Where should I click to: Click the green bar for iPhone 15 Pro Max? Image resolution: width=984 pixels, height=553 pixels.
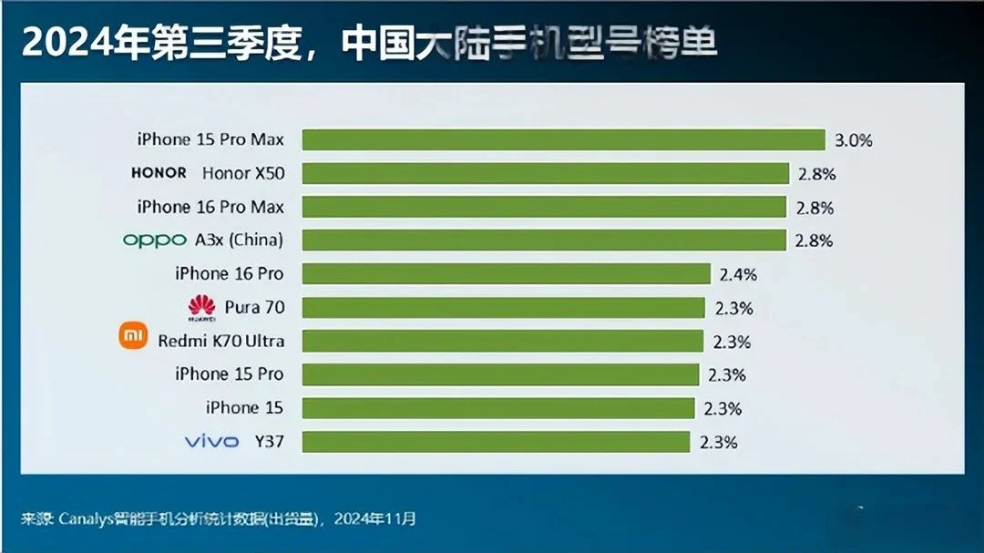click(563, 139)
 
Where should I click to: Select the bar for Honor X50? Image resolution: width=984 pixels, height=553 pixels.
click(545, 173)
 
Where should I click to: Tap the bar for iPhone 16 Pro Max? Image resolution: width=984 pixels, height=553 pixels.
click(544, 207)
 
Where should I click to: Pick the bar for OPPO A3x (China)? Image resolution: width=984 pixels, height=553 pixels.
click(544, 240)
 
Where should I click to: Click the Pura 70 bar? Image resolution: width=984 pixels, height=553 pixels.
click(504, 307)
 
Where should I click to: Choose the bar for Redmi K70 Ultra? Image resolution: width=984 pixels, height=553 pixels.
click(503, 341)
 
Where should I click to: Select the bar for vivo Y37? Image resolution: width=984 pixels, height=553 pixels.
click(496, 442)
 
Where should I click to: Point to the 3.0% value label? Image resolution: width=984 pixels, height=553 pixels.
click(854, 140)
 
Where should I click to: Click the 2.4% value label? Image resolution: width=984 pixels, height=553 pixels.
click(737, 274)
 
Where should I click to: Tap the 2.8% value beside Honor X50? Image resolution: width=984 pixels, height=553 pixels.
click(815, 174)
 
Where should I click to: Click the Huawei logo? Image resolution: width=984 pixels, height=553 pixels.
click(200, 308)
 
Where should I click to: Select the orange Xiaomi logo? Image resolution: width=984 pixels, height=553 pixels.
click(133, 337)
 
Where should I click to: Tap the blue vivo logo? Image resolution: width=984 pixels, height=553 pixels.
click(211, 442)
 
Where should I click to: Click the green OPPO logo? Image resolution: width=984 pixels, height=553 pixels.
click(154, 241)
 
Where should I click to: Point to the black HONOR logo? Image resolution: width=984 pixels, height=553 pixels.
click(159, 172)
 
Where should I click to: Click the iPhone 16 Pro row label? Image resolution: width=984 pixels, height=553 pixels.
click(229, 273)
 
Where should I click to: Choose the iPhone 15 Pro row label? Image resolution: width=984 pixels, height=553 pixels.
click(229, 374)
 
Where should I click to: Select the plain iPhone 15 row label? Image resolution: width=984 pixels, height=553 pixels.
click(244, 407)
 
